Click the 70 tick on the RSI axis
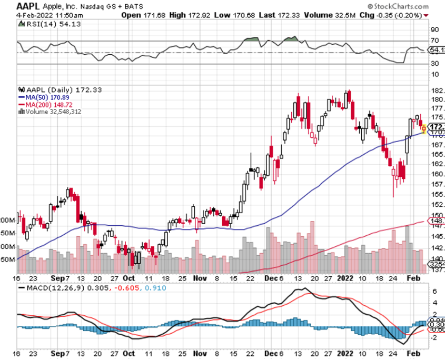click(434, 41)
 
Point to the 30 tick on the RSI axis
click(434, 64)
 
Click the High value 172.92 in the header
click(190, 15)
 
